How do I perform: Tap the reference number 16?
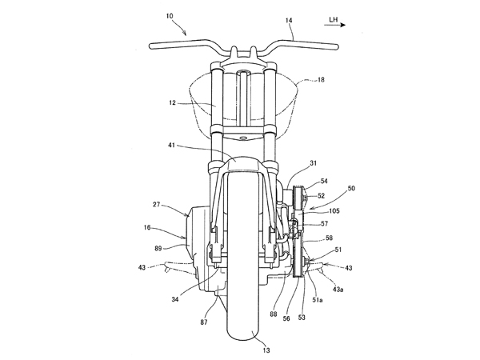pyautogui.click(x=146, y=228)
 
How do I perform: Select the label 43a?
pyautogui.click(x=339, y=292)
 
